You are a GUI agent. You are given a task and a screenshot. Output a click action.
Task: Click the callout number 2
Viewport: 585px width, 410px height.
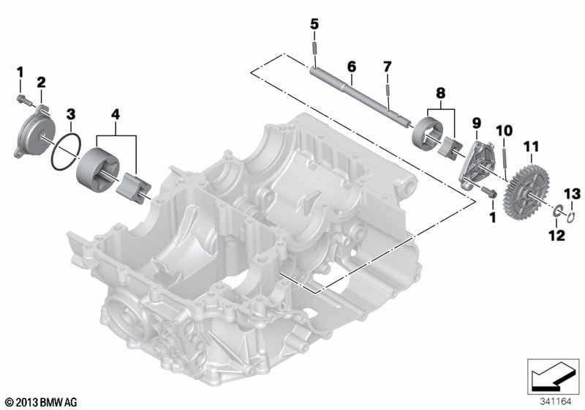[x=41, y=83]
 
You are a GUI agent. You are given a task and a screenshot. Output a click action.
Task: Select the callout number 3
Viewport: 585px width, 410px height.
[x=71, y=114]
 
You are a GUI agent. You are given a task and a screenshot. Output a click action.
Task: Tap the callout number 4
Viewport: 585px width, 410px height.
[x=116, y=114]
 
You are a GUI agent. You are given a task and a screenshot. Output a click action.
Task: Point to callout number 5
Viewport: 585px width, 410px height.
[x=314, y=25]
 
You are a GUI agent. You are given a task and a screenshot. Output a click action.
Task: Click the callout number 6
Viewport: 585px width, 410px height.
[x=352, y=67]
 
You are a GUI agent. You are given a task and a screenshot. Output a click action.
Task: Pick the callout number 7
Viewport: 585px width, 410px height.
[x=388, y=67]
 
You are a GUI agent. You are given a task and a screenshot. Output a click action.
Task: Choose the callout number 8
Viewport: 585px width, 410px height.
[x=441, y=93]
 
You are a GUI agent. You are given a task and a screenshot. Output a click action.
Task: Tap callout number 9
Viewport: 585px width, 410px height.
[x=477, y=123]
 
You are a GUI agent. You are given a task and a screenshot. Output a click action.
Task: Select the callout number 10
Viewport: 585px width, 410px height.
[x=504, y=131]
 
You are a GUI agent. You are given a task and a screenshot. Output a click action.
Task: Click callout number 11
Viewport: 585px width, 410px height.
[x=532, y=147]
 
